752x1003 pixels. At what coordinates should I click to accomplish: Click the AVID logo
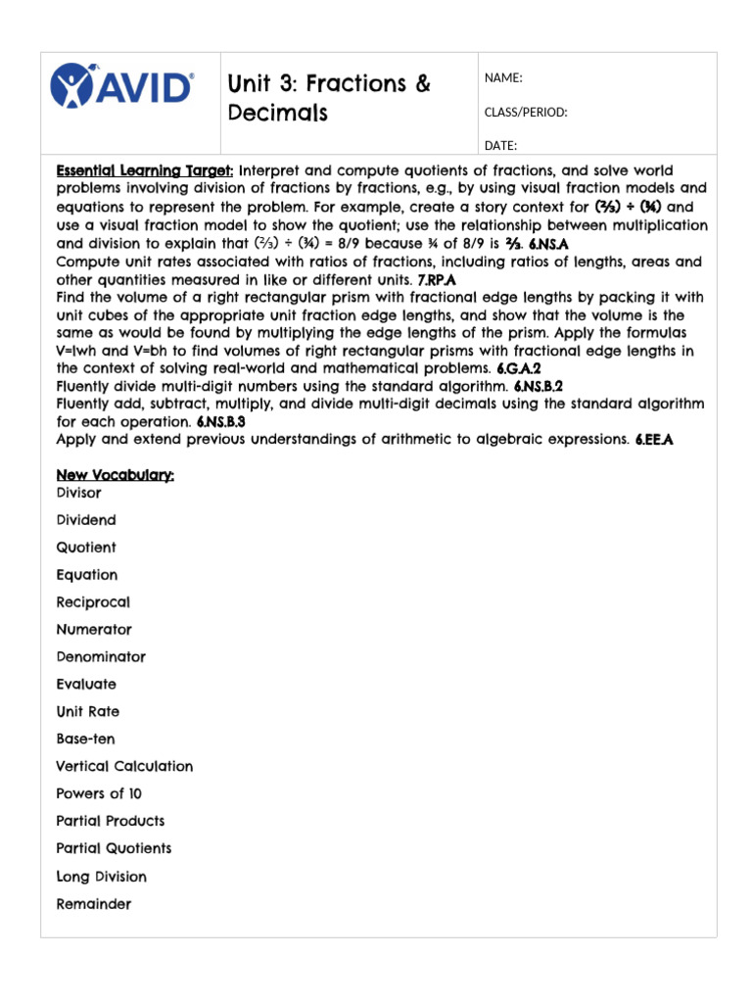pos(121,85)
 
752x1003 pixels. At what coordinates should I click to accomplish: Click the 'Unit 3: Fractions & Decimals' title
pos(328,98)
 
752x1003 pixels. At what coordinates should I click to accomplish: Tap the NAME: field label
pos(503,78)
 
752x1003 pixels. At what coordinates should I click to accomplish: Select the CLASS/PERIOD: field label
pos(526,112)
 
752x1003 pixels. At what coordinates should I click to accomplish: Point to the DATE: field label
pos(500,146)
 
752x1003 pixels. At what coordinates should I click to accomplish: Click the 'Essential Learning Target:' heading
pos(145,170)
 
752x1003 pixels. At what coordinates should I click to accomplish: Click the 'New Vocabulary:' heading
pos(116,475)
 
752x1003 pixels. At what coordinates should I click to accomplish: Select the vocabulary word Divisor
pos(78,494)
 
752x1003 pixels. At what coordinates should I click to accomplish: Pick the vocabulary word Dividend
pos(86,521)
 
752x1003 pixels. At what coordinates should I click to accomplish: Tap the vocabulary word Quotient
pos(86,548)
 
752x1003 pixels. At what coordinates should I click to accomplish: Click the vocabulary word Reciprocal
pos(93,602)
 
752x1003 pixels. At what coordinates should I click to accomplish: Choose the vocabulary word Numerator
pos(94,630)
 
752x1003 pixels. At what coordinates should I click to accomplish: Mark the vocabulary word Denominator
pos(101,657)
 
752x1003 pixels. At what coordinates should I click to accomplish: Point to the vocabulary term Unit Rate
pos(88,712)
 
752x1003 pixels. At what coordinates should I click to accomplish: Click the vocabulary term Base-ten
pos(85,740)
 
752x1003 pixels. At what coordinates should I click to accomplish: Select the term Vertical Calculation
pos(124,767)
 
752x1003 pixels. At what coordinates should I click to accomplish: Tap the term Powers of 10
pos(99,794)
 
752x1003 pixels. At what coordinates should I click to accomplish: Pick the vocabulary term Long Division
pos(102,877)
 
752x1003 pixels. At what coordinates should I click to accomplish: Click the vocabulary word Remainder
pos(94,904)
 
